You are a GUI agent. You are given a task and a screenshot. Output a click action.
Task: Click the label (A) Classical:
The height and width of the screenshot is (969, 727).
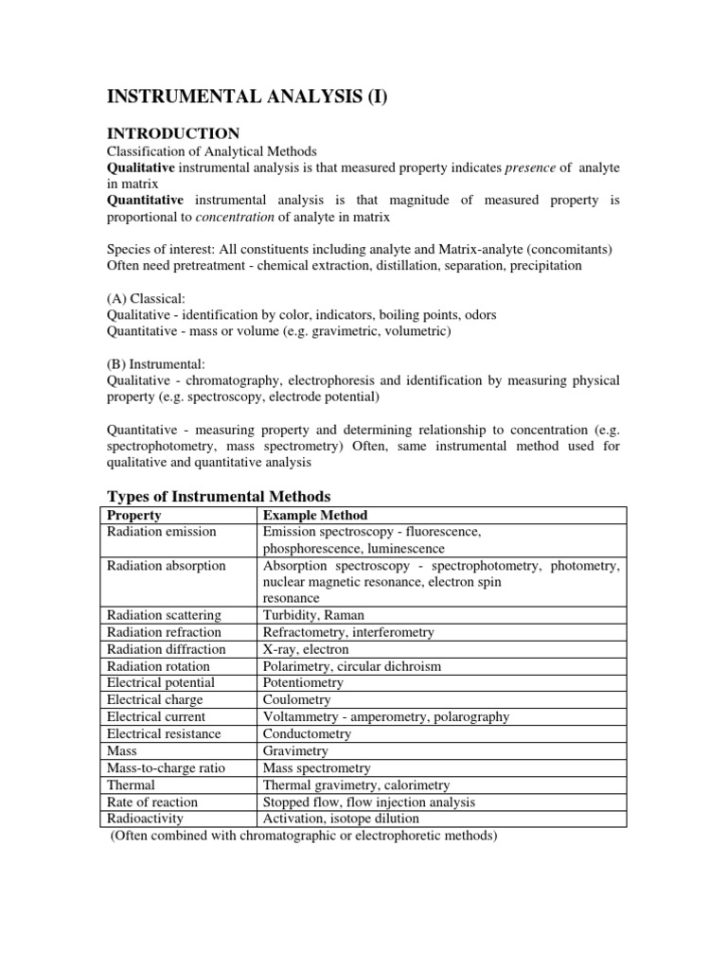[151, 298]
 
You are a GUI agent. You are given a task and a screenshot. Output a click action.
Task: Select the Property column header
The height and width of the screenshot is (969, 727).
[134, 516]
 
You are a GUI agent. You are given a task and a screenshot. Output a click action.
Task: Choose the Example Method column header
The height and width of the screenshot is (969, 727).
[315, 516]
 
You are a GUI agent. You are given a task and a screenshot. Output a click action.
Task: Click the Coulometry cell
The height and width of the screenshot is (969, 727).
[297, 700]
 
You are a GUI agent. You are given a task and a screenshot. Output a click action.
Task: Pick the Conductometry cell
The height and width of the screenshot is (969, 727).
[307, 734]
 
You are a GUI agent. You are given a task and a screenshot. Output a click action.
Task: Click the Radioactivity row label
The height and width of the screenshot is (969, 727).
[146, 819]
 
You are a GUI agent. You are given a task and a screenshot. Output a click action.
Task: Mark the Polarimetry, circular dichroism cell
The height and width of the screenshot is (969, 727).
[352, 666]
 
